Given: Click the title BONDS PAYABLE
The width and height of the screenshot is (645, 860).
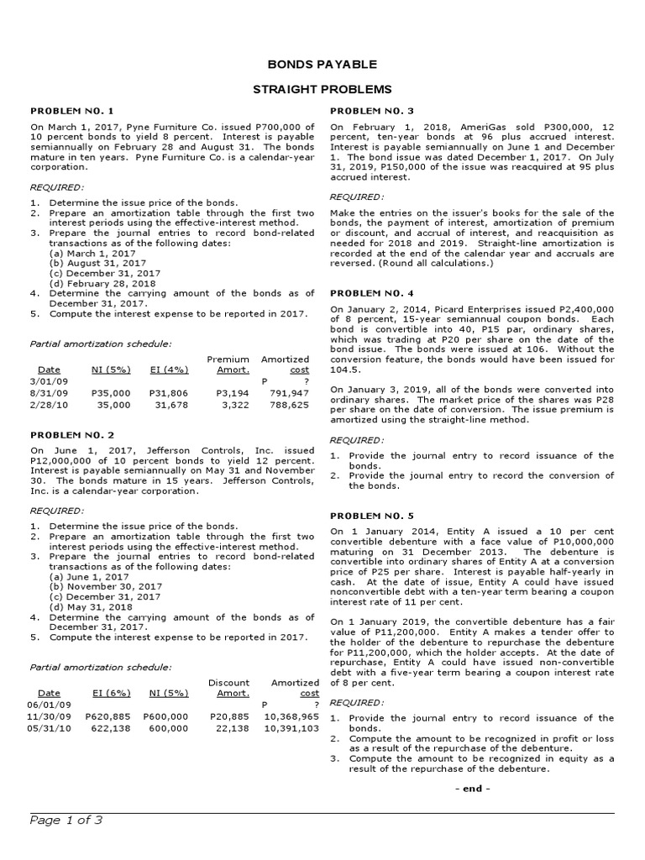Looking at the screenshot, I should pos(322,65).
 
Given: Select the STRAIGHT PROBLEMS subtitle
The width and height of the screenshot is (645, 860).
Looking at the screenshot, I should pos(322,89).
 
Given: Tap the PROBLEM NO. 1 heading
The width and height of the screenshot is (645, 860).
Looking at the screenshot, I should pos(71,111).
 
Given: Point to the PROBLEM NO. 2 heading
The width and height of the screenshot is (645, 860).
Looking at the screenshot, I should pos(71,434).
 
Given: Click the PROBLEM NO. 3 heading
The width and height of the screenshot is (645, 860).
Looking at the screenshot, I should pos(372,111).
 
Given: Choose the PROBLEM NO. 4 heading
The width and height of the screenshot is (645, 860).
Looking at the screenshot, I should pos(372,293).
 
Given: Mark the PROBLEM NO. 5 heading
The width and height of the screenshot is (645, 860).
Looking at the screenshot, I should pos(372,515).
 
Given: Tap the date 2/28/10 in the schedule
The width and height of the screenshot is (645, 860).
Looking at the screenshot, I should pos(47,404).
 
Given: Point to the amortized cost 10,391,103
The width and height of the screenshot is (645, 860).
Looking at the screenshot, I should pos(291,728).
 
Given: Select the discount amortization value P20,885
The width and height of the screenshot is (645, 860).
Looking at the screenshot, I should pos(230,716).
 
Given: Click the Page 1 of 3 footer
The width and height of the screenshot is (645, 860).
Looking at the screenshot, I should pos(66,821).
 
